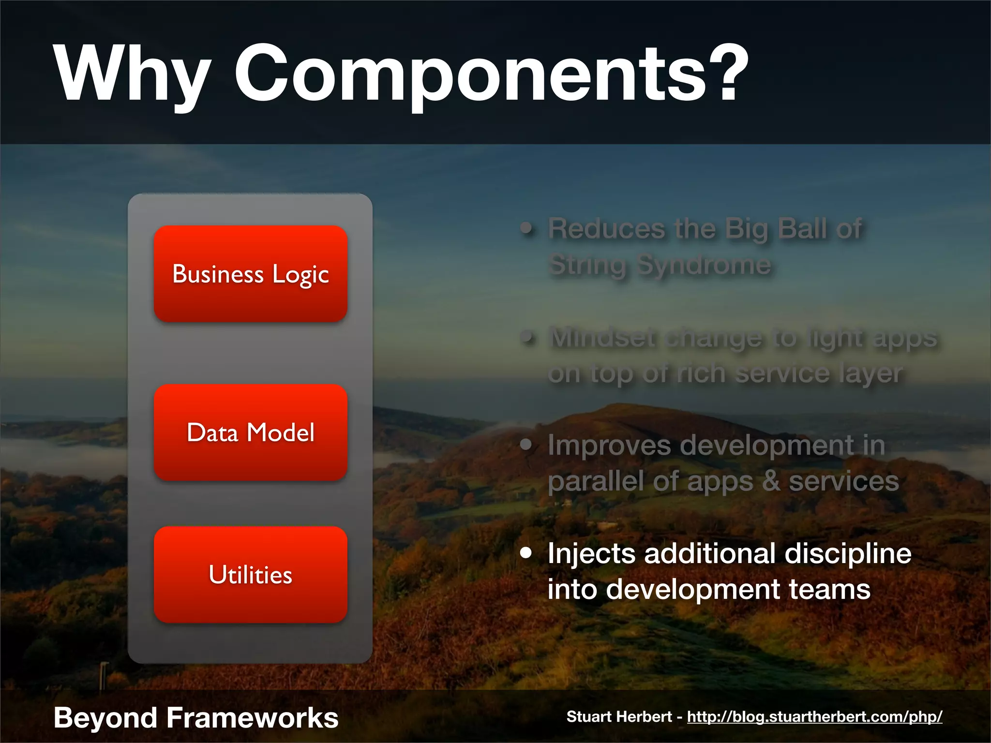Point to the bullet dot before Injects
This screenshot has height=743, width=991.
pyautogui.click(x=526, y=552)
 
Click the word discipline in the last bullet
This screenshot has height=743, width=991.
pyautogui.click(x=848, y=553)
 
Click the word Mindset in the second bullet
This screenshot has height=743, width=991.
pyautogui.click(x=603, y=337)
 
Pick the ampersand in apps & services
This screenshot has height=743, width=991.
pyautogui.click(x=771, y=481)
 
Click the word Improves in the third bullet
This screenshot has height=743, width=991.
pyautogui.click(x=609, y=446)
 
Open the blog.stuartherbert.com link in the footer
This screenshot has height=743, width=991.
pyautogui.click(x=814, y=716)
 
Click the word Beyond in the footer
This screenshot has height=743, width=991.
pyautogui.click(x=105, y=717)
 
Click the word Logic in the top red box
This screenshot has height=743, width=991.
pyautogui.click(x=300, y=274)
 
